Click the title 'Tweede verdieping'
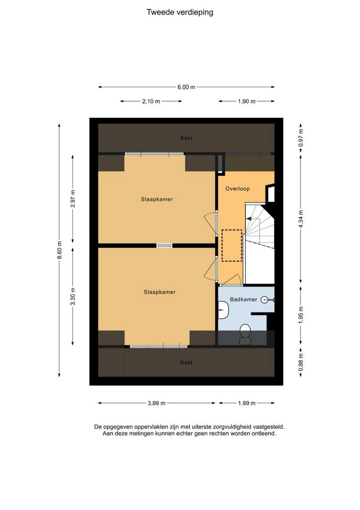(x=180, y=12)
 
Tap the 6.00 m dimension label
(x=186, y=87)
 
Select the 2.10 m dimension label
(x=151, y=101)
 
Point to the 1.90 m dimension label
(x=247, y=101)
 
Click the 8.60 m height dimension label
(x=59, y=250)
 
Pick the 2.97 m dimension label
(x=73, y=198)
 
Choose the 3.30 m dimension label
(x=73, y=296)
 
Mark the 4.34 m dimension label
(x=301, y=219)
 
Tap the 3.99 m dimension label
(x=157, y=403)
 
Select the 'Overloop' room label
(x=237, y=188)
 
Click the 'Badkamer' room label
(x=243, y=299)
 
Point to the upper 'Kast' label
(x=186, y=138)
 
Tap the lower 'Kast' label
(x=186, y=362)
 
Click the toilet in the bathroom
(x=245, y=334)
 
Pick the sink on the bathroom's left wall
(x=223, y=310)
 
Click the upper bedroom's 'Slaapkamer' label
(x=157, y=199)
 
